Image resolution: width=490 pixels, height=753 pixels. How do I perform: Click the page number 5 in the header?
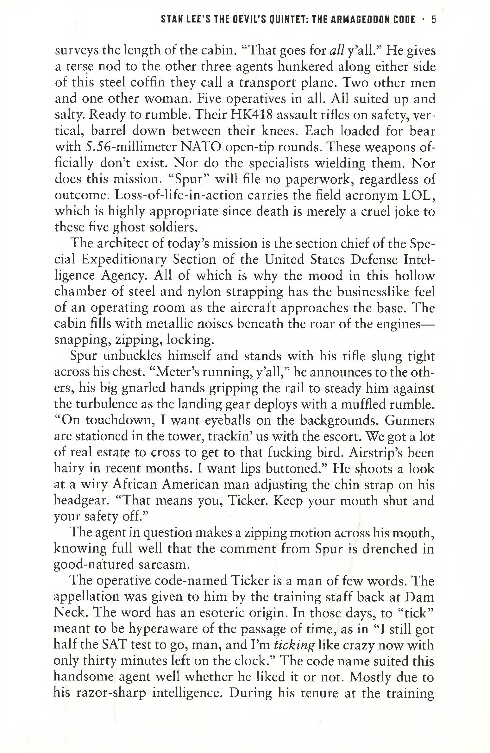click(x=434, y=20)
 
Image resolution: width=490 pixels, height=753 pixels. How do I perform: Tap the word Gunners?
click(x=410, y=421)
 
